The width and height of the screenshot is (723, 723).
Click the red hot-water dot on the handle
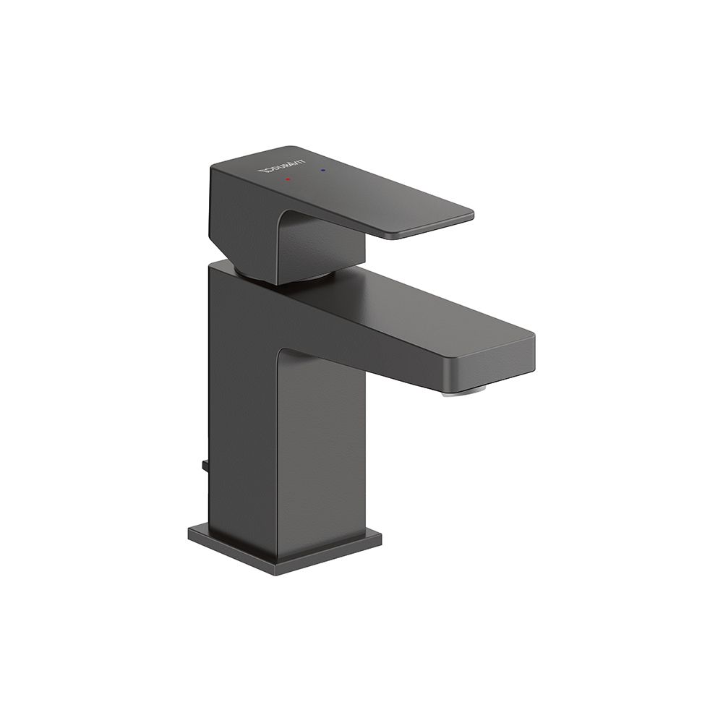288,179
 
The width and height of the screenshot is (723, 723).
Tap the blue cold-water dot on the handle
322,171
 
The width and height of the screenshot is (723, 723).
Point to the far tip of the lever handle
473,215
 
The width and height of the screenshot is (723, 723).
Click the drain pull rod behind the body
205,465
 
